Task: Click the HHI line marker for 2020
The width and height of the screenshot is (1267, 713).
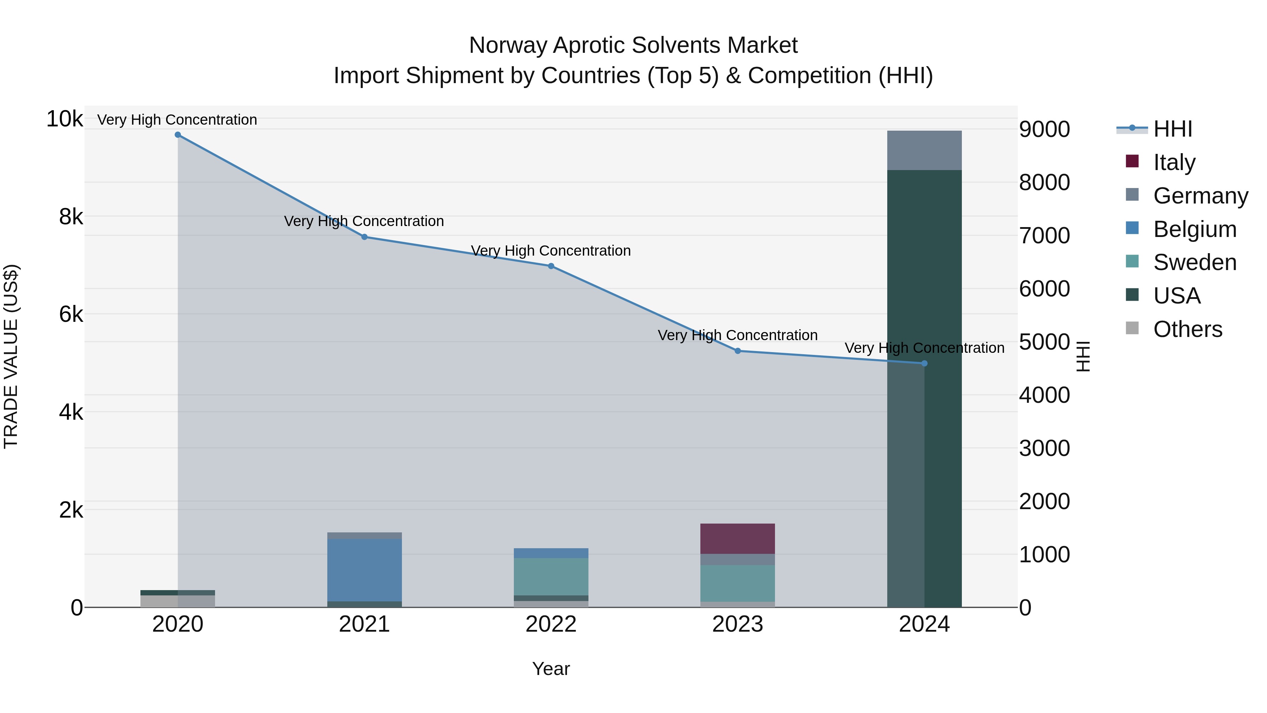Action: coord(178,135)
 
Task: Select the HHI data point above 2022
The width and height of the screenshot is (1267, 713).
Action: coord(551,266)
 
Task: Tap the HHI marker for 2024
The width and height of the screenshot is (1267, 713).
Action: coord(924,364)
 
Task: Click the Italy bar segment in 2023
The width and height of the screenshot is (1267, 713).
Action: coord(737,539)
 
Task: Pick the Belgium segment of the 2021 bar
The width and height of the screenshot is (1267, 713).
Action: coord(365,570)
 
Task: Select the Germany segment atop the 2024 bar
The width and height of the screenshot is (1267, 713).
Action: coord(924,151)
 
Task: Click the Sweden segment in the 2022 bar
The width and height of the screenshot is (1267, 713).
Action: coord(551,577)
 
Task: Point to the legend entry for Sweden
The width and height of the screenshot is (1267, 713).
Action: coord(1194,262)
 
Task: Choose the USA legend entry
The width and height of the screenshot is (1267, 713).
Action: coord(1177,296)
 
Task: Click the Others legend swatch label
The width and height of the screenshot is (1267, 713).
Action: coord(1187,329)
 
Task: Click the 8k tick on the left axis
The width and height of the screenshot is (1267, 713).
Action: coord(71,217)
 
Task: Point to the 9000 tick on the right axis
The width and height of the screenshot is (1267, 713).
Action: coord(1044,130)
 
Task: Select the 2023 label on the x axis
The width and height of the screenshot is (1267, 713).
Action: coord(737,624)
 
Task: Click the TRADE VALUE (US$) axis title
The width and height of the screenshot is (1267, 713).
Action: coord(11,356)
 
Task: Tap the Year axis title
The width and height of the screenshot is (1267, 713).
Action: coord(551,669)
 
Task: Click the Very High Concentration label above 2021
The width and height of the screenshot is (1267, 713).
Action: coord(364,221)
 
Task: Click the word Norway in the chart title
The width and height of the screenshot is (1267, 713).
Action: coord(507,45)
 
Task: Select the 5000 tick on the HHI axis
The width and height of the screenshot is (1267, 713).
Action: coord(1044,342)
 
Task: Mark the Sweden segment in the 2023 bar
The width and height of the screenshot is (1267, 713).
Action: coord(737,583)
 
